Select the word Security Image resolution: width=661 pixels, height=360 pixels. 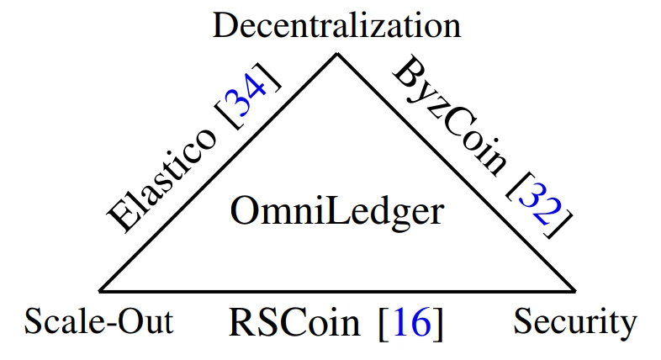[574, 321]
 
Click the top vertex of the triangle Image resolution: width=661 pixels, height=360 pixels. [338, 54]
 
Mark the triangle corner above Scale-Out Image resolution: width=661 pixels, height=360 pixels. [100, 290]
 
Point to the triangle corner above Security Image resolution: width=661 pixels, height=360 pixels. [575, 290]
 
